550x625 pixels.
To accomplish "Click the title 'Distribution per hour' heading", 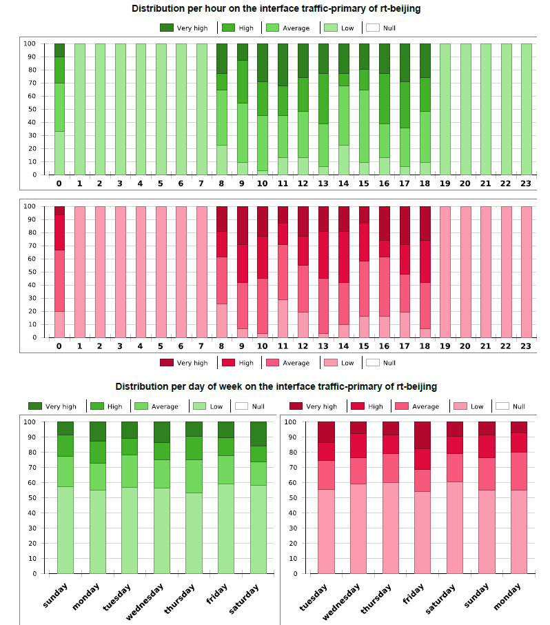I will pos(276,9).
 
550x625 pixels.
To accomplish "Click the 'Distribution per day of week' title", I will pos(276,386).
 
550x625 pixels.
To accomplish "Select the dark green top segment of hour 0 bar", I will pos(59,50).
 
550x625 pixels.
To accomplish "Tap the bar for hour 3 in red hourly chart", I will pos(120,272).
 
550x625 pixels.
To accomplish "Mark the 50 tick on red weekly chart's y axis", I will pos(292,497).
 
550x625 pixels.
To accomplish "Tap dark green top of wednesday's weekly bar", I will pos(162,432).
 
